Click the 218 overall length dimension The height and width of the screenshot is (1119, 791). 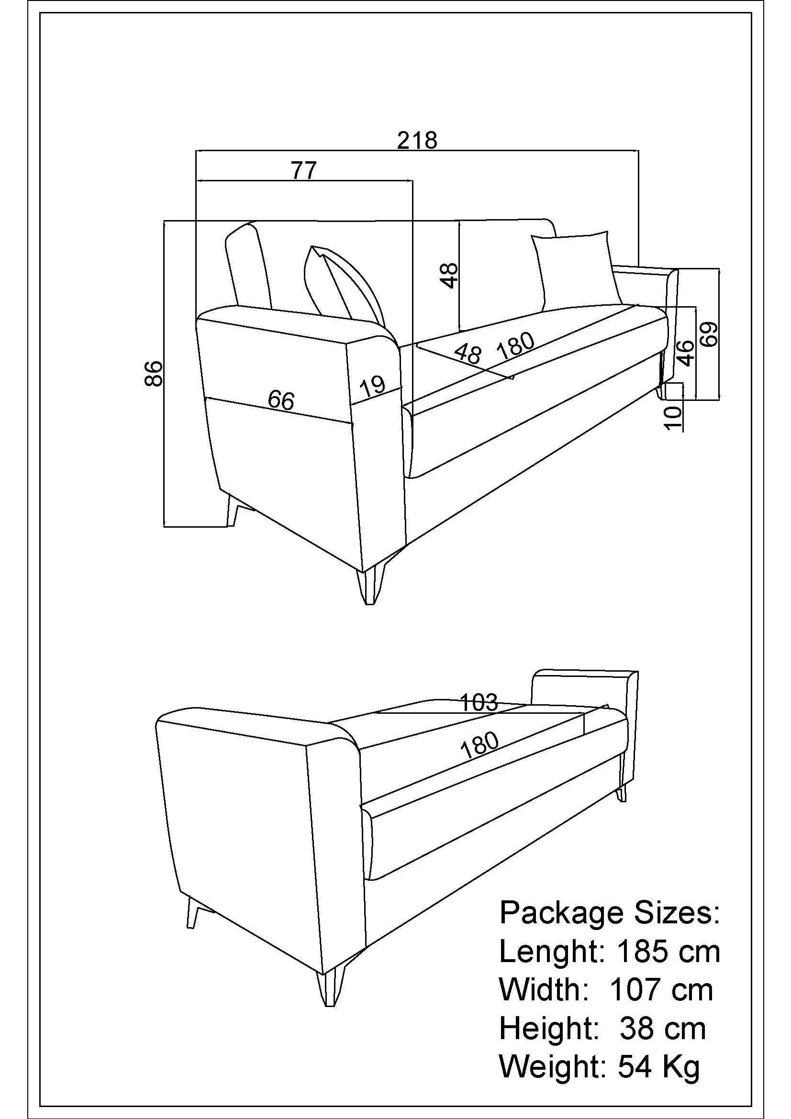(417, 140)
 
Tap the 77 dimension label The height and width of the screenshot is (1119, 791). (304, 170)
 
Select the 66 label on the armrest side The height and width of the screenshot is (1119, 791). (281, 400)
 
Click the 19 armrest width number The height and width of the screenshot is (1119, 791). (373, 387)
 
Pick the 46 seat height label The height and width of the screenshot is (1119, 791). (685, 353)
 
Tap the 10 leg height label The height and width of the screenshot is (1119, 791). (673, 418)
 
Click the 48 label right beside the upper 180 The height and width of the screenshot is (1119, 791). (468, 354)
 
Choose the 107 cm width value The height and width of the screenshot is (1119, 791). (661, 990)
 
